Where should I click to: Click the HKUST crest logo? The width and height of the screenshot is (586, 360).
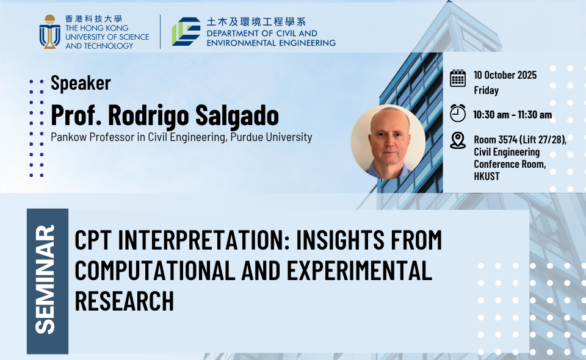click(49, 32)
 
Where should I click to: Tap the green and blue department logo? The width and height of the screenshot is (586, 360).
click(186, 31)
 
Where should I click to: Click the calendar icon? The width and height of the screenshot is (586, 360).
click(458, 79)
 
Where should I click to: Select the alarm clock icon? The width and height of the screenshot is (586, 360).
click(458, 113)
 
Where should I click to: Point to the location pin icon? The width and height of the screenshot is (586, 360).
click(458, 140)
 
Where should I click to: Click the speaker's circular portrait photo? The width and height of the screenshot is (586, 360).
click(388, 142)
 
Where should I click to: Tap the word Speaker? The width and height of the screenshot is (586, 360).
click(81, 83)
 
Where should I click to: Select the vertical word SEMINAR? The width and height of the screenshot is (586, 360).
click(45, 279)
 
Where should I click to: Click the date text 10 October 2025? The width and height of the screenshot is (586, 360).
click(505, 75)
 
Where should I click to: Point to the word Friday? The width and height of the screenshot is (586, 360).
click(487, 90)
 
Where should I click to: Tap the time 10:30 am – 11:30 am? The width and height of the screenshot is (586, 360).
click(512, 115)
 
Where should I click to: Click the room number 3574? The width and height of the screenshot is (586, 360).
click(507, 140)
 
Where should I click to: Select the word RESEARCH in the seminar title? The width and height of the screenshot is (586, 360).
click(125, 301)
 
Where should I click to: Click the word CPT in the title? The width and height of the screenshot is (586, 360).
click(93, 240)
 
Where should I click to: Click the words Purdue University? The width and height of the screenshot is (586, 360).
click(271, 137)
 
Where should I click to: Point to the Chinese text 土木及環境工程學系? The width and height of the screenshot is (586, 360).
click(256, 22)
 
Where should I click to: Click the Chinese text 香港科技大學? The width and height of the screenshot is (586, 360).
click(94, 19)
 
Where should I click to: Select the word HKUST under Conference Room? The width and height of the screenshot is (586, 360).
click(487, 176)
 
